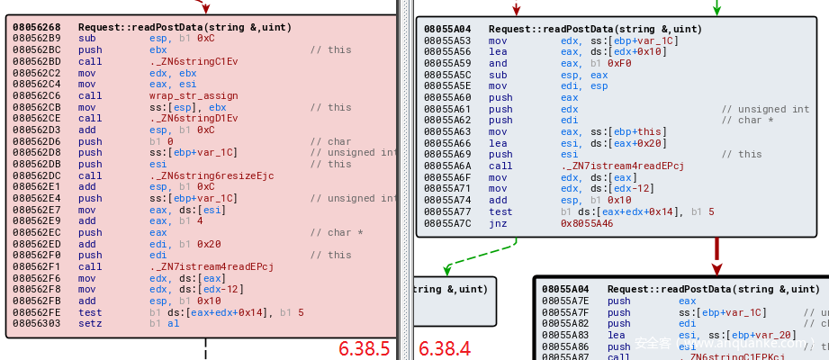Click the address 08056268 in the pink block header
coord(38,27)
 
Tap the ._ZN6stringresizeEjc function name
coord(212,175)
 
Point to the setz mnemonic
coord(88,323)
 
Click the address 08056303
coord(38,323)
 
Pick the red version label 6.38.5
coord(365,347)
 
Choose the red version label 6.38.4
coord(445,347)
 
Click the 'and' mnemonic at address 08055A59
coord(498,64)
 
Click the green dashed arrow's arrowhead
coord(446,269)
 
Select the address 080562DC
coord(38,175)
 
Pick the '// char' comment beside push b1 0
coord(327,141)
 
